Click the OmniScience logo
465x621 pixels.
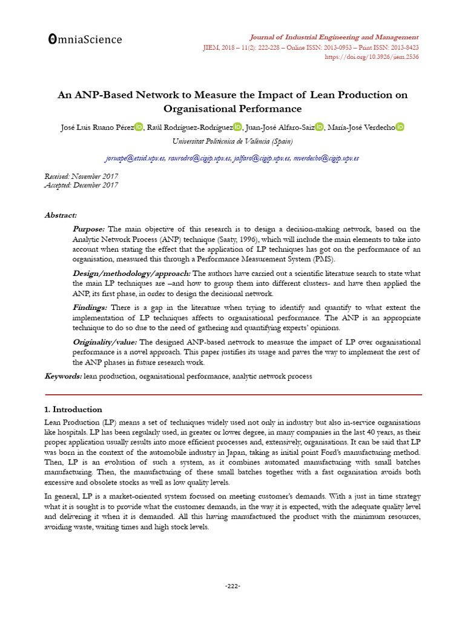tap(85, 39)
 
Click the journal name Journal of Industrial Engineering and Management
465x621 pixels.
tap(335, 37)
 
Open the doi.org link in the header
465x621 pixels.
tap(372, 57)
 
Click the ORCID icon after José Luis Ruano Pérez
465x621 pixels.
tap(139, 126)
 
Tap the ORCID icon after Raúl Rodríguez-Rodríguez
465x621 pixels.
tap(237, 126)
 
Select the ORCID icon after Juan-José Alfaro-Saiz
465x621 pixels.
tap(320, 126)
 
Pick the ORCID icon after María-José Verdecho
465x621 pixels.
tap(400, 126)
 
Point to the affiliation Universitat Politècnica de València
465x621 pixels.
tap(232, 141)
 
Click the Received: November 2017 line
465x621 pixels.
tap(81, 176)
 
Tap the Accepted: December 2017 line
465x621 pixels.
tap(81, 186)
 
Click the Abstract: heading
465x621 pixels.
tap(61, 215)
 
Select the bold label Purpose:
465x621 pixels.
tap(89, 229)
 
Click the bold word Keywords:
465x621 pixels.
tap(64, 377)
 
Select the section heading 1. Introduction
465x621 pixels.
tap(73, 409)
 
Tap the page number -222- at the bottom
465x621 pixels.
tap(232, 586)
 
